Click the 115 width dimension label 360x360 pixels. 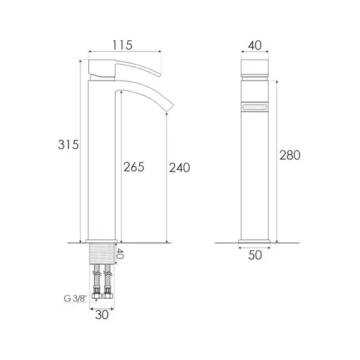(x=122, y=45)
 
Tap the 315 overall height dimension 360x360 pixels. (x=68, y=145)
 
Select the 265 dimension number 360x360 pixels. (x=134, y=167)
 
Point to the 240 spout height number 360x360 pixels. (x=179, y=167)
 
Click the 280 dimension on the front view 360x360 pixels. (x=290, y=155)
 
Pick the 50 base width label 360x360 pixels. (x=255, y=255)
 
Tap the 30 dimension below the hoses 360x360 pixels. (x=102, y=315)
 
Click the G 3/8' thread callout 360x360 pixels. (x=76, y=299)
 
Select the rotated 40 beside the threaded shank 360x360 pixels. (x=119, y=254)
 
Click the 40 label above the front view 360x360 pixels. (x=254, y=45)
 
